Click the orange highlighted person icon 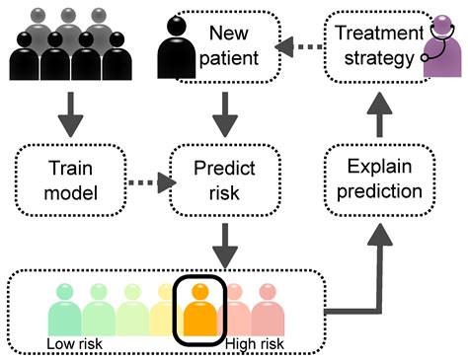pyautogui.click(x=199, y=308)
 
